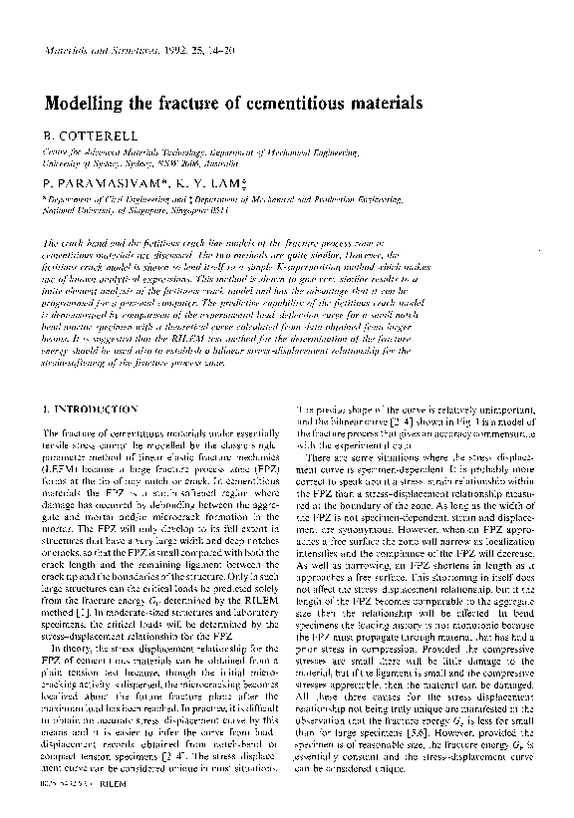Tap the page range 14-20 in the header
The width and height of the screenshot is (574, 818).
click(218, 50)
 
